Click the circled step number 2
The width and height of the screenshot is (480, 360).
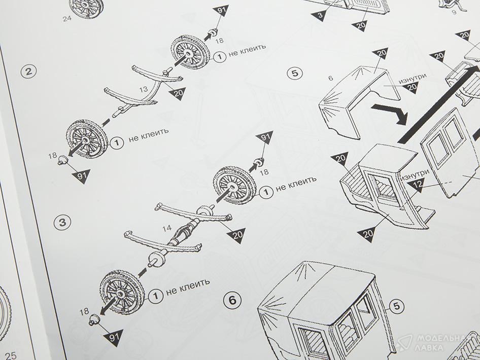pos(29,71)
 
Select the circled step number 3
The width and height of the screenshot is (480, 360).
pos(62,222)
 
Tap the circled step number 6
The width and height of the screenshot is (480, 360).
pos(232,300)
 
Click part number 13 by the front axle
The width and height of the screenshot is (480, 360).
pos(143,89)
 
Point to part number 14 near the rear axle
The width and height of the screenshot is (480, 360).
pos(167,228)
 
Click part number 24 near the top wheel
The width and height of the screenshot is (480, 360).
pos(67,18)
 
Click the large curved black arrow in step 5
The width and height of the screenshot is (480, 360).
pos(391,113)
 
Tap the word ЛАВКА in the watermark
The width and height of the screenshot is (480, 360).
pos(428,347)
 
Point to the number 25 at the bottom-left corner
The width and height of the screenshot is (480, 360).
pos(10,355)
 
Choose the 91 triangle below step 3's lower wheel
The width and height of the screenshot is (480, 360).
pos(114,337)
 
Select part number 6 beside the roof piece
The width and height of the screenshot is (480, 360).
pos(330,78)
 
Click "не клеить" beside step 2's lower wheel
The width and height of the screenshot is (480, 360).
pos(149,135)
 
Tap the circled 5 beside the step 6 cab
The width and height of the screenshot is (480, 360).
pos(396,306)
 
